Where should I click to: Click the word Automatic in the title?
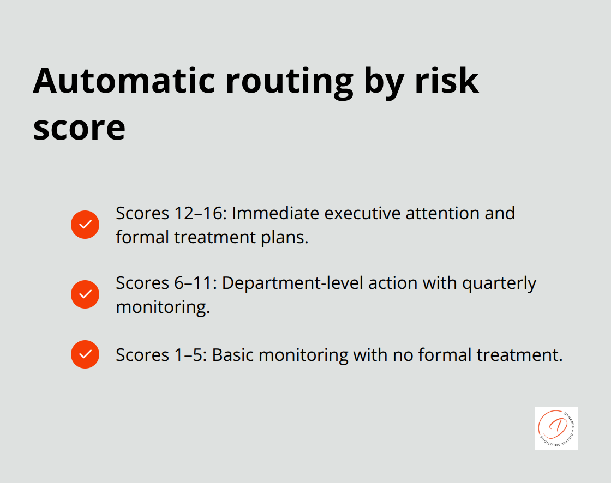coord(123,81)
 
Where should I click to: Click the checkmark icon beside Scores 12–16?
coord(85,225)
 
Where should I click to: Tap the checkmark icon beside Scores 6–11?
coord(85,294)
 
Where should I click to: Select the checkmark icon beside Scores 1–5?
coord(85,354)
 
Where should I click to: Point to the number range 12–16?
coord(200,213)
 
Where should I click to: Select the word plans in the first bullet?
coord(284,237)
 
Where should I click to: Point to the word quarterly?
coord(499,283)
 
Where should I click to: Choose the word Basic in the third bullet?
coord(233,355)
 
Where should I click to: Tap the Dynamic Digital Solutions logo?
coord(556,428)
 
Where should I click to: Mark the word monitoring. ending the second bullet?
coord(163,307)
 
